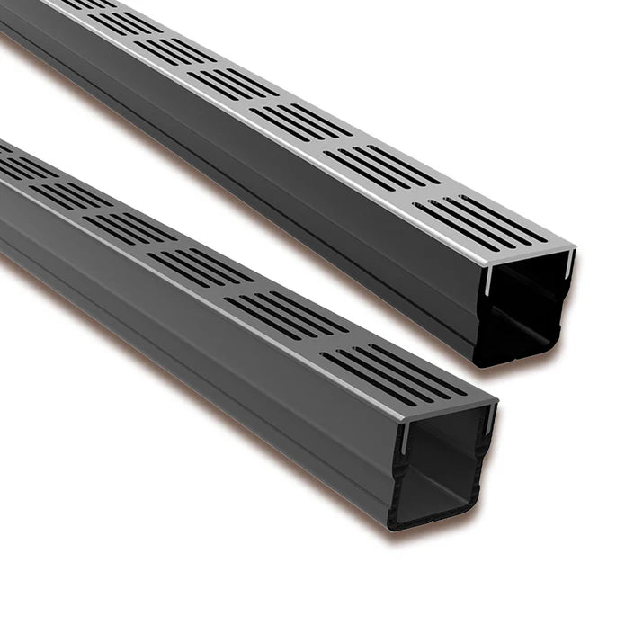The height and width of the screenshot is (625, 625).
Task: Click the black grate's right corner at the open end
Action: point(494,399)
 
